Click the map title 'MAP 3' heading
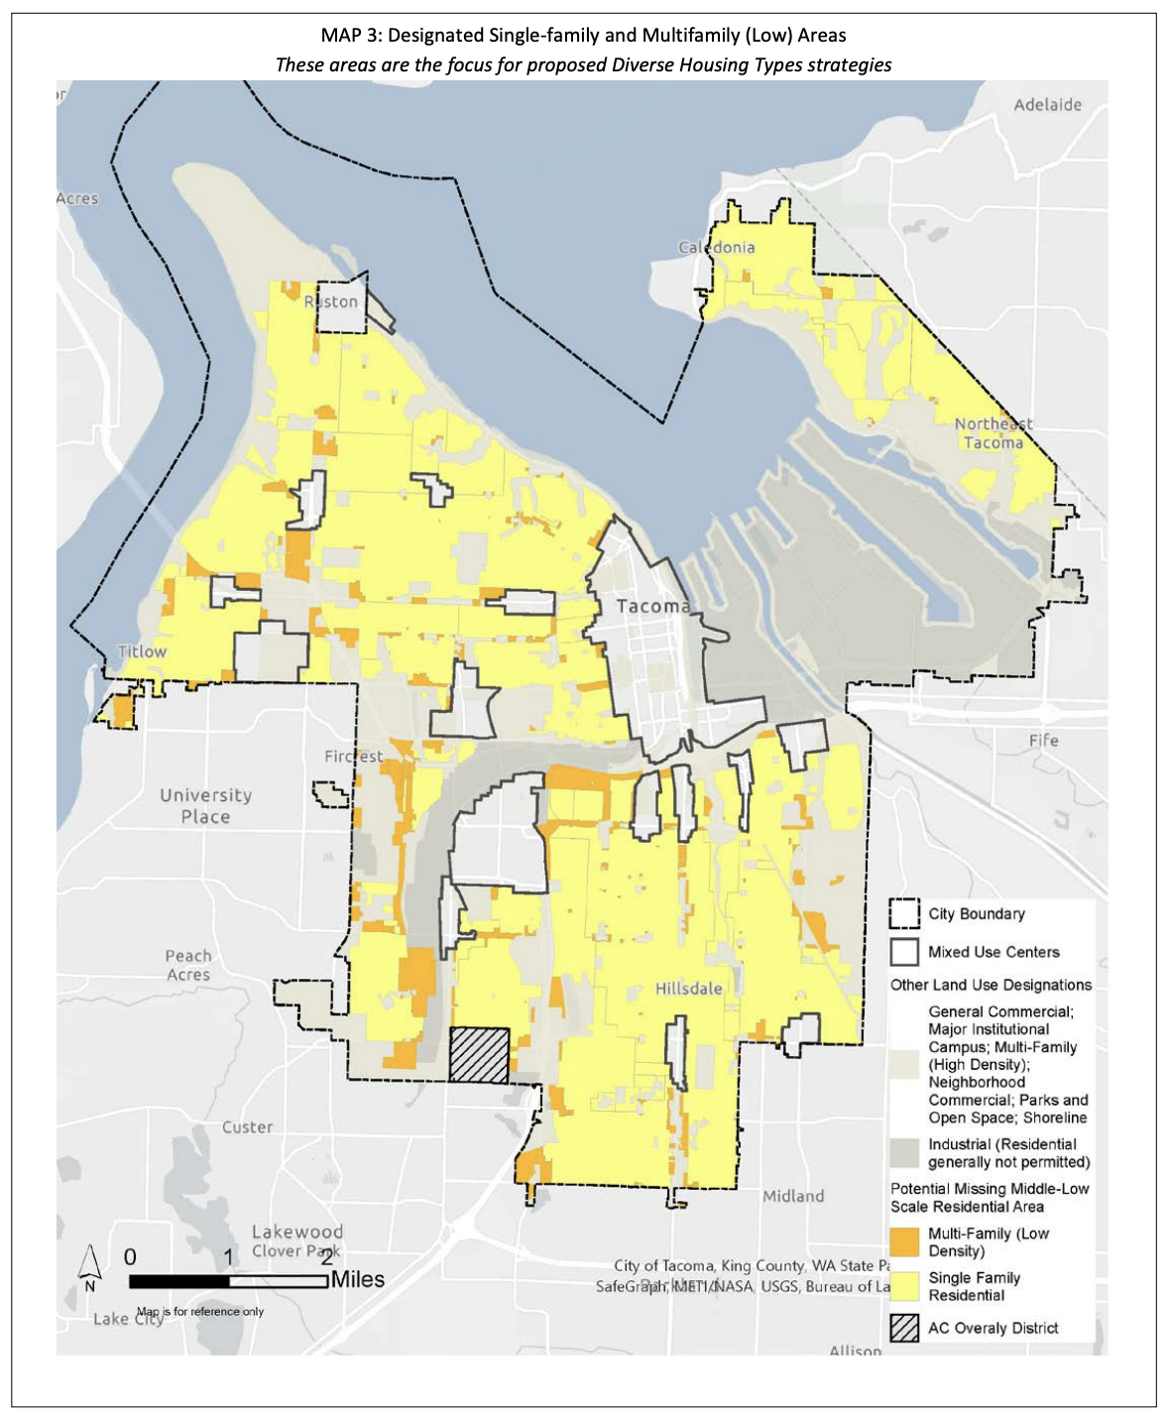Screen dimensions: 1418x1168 [x=583, y=36]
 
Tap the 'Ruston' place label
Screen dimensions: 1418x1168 [x=330, y=301]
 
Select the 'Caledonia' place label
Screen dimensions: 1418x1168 [x=716, y=247]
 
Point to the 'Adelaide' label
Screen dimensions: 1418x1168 [x=1047, y=104]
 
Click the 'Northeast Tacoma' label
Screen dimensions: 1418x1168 [x=993, y=433]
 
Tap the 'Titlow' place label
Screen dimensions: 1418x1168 [x=142, y=651]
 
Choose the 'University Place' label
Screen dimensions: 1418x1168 [x=205, y=805]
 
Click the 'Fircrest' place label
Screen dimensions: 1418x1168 [x=353, y=756]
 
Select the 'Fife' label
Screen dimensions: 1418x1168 [x=1043, y=740]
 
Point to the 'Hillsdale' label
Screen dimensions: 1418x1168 [x=688, y=989]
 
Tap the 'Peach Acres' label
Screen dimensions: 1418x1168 [x=188, y=965]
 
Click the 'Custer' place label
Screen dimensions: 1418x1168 [x=247, y=1126]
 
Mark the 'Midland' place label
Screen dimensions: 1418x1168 [x=793, y=1196]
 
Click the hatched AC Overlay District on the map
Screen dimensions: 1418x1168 [x=479, y=1055]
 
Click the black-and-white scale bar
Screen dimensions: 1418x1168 [x=228, y=1281]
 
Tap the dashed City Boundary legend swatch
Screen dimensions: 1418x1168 [x=903, y=914]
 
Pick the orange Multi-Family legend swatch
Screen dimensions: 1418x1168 [x=903, y=1241]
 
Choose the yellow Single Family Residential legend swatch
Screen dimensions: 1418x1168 [x=903, y=1286]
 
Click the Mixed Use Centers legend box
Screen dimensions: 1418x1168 [x=903, y=952]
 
